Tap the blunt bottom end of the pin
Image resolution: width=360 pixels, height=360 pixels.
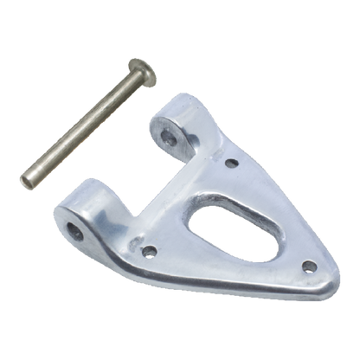[26, 181]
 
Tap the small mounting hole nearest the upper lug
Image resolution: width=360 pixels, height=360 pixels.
[230, 162]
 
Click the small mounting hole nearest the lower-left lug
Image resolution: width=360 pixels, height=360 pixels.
[150, 253]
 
